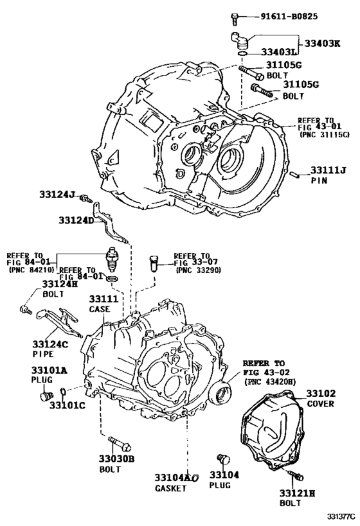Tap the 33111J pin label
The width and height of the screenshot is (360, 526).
[x=328, y=170]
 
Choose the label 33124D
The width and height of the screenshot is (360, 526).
[x=76, y=220]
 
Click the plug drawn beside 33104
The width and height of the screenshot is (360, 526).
[x=224, y=459]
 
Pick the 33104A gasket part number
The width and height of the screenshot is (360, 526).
[x=173, y=478]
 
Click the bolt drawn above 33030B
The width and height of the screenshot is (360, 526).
[x=120, y=443]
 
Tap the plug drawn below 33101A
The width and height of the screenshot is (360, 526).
[x=46, y=396]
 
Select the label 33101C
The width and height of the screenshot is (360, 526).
[x=67, y=406]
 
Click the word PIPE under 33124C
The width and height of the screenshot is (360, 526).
[x=42, y=353]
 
